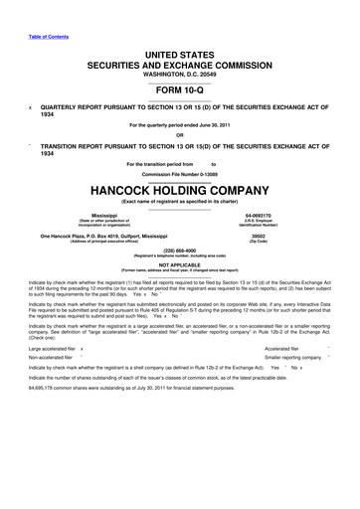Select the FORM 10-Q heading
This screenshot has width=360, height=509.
(x=179, y=86)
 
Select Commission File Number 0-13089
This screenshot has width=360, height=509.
(x=179, y=173)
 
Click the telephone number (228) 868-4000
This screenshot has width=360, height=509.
(x=179, y=251)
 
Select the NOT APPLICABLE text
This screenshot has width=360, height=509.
(x=179, y=264)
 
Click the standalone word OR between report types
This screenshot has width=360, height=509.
(x=179, y=135)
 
